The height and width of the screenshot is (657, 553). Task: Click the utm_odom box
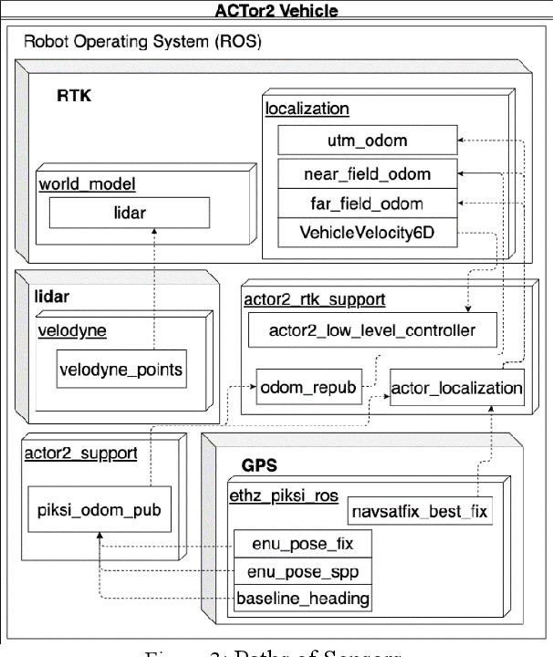coord(366,141)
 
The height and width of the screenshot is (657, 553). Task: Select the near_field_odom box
coord(366,172)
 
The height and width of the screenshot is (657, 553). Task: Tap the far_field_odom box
coord(366,202)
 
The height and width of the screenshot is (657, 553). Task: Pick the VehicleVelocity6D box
coord(366,233)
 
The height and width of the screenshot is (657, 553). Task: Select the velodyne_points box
coord(121,369)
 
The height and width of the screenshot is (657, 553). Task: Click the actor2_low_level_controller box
coord(374,329)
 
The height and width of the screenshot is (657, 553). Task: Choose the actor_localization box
coord(457,388)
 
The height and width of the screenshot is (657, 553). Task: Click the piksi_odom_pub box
coord(98,509)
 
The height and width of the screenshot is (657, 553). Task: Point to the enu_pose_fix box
coord(302,545)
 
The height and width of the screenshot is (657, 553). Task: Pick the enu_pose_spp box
coord(302,571)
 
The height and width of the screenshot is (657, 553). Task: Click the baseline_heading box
coord(302,599)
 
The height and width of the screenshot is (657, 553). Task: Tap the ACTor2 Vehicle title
coord(276,11)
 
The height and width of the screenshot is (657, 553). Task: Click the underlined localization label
coord(307,109)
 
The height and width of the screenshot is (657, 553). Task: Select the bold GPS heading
coord(258,463)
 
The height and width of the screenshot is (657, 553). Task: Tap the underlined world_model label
coord(86,183)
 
